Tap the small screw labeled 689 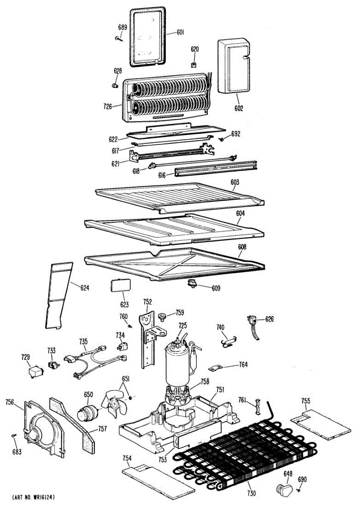point(117,39)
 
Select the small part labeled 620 point(194,64)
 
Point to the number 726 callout point(107,107)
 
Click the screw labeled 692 point(222,138)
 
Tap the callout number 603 point(235,182)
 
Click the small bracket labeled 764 point(216,368)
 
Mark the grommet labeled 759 point(161,316)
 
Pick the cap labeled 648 point(283,491)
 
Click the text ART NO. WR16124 point(33,496)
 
